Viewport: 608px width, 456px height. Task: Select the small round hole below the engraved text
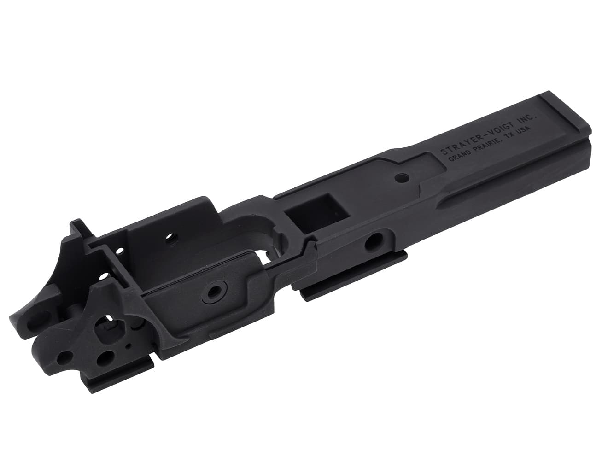point(402,176)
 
